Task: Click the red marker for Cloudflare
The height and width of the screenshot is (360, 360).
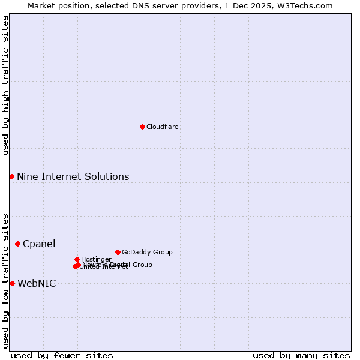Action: pyautogui.click(x=142, y=127)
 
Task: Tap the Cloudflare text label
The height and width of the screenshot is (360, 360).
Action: pyautogui.click(x=163, y=127)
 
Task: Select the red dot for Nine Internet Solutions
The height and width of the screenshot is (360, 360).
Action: pyautogui.click(x=11, y=176)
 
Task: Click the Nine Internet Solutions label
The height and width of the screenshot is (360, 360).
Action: pyautogui.click(x=73, y=176)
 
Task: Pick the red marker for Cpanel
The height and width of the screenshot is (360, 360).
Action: pyautogui.click(x=18, y=244)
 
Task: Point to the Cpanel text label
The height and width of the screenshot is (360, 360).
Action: pyautogui.click(x=39, y=244)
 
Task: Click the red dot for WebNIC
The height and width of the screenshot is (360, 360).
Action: pyautogui.click(x=12, y=283)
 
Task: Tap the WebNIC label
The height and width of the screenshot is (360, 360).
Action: pyautogui.click(x=37, y=283)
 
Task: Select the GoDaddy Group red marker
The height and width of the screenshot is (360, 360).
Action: pyautogui.click(x=118, y=252)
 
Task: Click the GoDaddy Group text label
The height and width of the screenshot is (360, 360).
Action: pyautogui.click(x=147, y=252)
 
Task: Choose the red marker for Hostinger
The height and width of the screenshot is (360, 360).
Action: pyautogui.click(x=77, y=259)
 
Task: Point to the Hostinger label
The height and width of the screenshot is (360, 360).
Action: pyautogui.click(x=96, y=259)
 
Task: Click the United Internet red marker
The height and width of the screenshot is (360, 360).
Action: pyautogui.click(x=75, y=266)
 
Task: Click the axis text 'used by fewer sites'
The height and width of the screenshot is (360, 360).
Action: pyautogui.click(x=62, y=355)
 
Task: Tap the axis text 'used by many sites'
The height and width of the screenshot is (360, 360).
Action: pyautogui.click(x=301, y=355)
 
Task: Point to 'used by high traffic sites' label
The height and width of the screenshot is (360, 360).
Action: pyautogui.click(x=5, y=85)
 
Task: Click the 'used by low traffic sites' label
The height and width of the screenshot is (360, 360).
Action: pyautogui.click(x=5, y=280)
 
